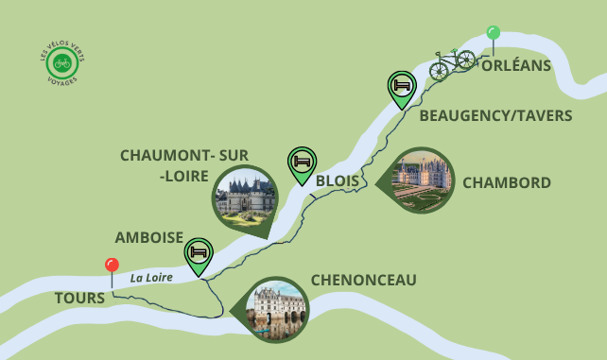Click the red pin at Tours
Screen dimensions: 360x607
pyautogui.click(x=112, y=266)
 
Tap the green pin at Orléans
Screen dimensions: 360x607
pyautogui.click(x=493, y=33)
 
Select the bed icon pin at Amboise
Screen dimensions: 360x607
pyautogui.click(x=199, y=253)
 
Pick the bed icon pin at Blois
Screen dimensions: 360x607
pyautogui.click(x=302, y=162)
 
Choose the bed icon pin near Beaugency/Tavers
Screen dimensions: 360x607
pyautogui.click(x=402, y=86)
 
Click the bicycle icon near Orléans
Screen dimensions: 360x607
pyautogui.click(x=452, y=63)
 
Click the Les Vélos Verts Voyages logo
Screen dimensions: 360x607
pyautogui.click(x=63, y=64)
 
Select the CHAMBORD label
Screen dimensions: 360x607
pyautogui.click(x=507, y=182)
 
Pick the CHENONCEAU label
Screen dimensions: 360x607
pyautogui.click(x=363, y=281)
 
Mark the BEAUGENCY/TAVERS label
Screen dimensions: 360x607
pyautogui.click(x=495, y=115)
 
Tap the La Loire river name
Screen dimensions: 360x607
pyautogui.click(x=152, y=278)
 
